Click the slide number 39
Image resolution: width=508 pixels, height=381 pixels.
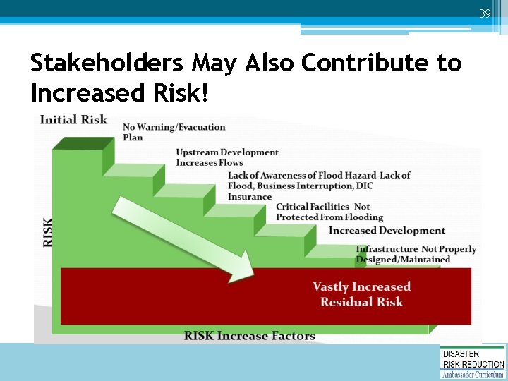point(485,13)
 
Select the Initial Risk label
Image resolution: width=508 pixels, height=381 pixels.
point(73,119)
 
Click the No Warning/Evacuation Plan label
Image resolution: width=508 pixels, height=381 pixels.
point(174,132)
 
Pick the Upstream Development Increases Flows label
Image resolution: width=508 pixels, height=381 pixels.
point(226,157)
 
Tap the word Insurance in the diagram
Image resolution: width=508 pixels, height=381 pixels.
point(250,197)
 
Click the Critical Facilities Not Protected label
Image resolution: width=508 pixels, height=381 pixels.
point(329,212)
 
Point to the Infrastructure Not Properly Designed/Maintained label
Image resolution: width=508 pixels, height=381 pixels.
point(416,254)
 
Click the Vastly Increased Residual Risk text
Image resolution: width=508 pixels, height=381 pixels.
point(361,294)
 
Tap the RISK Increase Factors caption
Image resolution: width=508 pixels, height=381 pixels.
point(249,336)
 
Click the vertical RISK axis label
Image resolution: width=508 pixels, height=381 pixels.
point(48,231)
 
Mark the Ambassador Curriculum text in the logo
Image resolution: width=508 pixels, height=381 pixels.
point(473,375)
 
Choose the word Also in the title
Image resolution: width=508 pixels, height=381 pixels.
point(270,64)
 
